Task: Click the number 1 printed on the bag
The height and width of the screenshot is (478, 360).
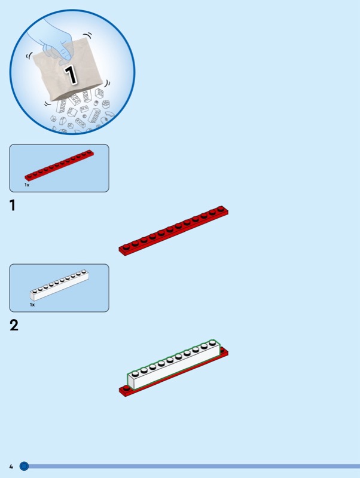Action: tap(71, 74)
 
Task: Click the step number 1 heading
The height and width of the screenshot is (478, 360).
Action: tap(13, 206)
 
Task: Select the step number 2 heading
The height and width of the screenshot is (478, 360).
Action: tap(14, 325)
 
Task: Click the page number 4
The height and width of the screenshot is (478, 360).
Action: tap(11, 467)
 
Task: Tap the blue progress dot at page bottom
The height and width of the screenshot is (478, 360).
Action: tap(24, 466)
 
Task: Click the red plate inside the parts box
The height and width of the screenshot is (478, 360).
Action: tap(59, 165)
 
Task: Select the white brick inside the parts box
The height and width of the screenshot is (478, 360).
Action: tap(59, 285)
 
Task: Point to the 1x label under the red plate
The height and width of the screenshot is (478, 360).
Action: tap(27, 185)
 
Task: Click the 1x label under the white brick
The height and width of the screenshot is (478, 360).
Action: tap(32, 305)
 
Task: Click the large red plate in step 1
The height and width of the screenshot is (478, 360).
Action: tap(173, 231)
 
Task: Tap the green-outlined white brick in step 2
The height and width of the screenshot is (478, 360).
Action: tap(174, 364)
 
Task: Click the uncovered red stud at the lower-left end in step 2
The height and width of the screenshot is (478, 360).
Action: tap(124, 388)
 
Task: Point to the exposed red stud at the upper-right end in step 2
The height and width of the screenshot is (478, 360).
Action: tap(224, 350)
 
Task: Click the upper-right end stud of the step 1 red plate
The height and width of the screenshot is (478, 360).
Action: tap(221, 209)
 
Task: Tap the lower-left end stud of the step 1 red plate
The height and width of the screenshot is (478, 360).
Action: tap(126, 246)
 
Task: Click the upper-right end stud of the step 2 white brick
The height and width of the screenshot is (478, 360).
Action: tap(213, 343)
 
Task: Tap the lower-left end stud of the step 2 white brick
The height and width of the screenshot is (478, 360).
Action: tap(135, 373)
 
